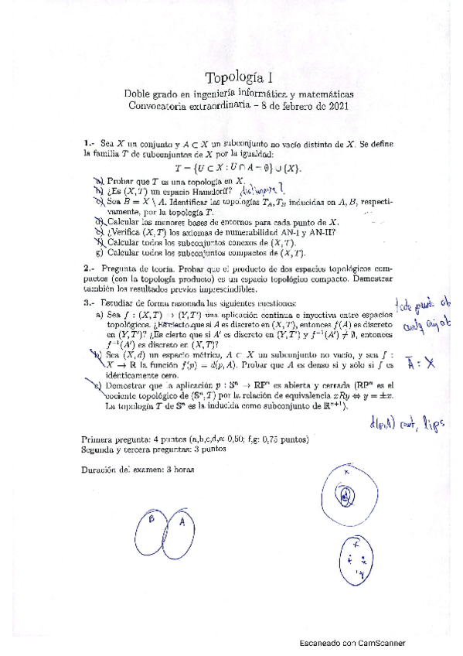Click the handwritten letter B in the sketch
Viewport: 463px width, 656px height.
click(x=152, y=521)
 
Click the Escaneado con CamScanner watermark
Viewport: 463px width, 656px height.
click(x=352, y=643)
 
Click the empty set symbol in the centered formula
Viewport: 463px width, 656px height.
click(x=265, y=168)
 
